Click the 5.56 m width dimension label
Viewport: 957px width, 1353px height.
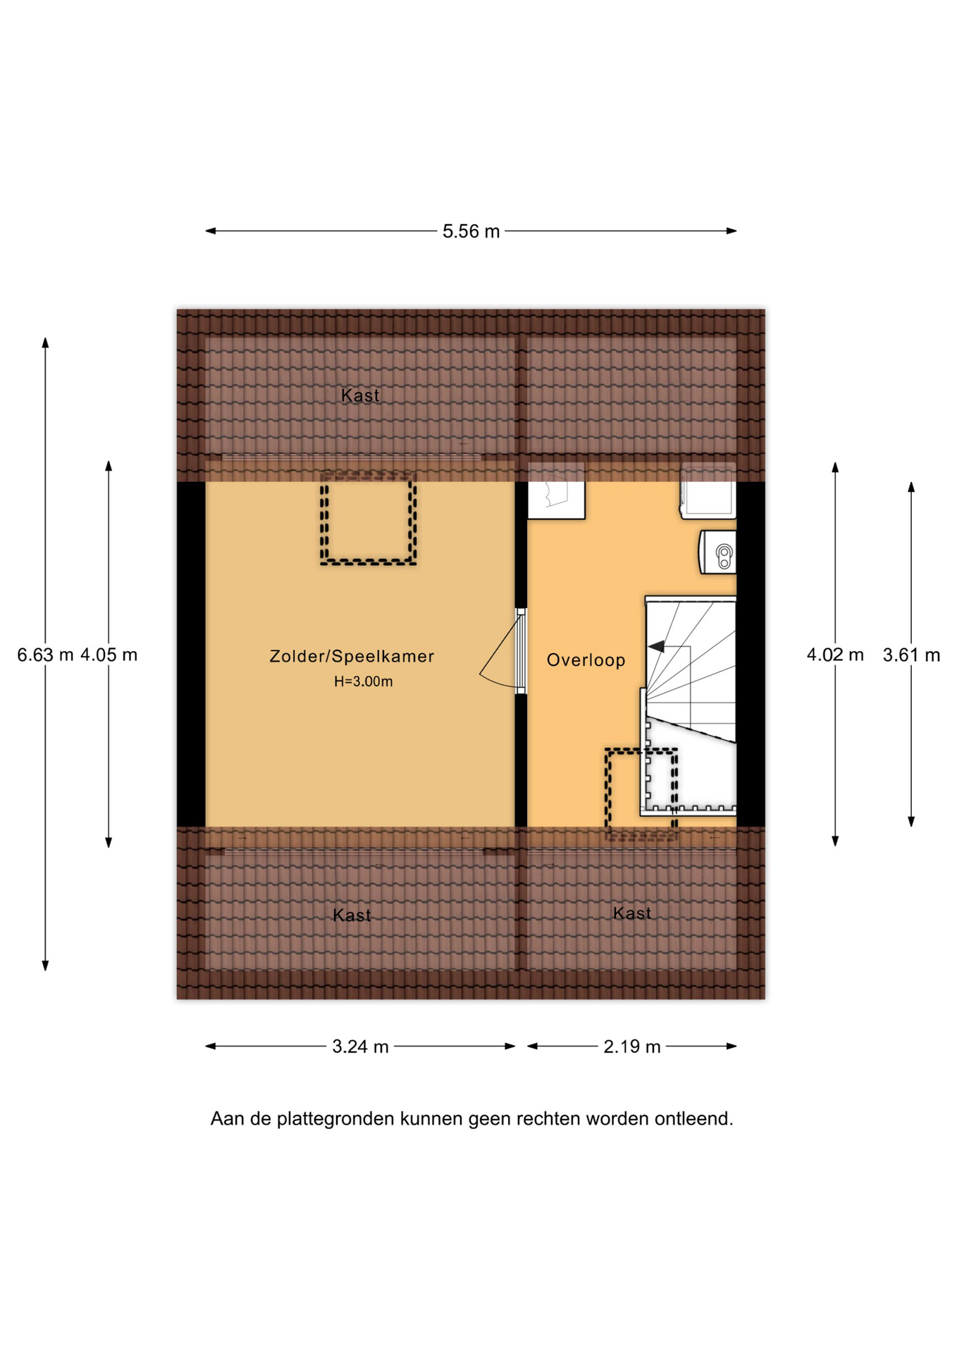pyautogui.click(x=471, y=231)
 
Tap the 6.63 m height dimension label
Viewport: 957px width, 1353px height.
pyautogui.click(x=45, y=655)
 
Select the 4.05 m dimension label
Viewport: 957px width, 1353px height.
pyautogui.click(x=109, y=655)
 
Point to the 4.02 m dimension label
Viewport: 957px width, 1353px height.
pyautogui.click(x=835, y=655)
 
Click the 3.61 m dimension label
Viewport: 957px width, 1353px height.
pyautogui.click(x=911, y=655)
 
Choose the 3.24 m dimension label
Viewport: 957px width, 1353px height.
pyautogui.click(x=360, y=1046)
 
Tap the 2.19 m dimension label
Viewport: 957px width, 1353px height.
pyautogui.click(x=632, y=1046)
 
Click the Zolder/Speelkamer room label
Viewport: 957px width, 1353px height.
pyautogui.click(x=352, y=657)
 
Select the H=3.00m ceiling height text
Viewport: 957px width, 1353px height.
pyautogui.click(x=363, y=681)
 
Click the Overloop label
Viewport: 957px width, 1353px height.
pyautogui.click(x=586, y=660)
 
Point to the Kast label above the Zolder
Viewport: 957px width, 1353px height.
pyautogui.click(x=360, y=395)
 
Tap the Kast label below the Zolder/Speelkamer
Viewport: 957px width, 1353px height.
pyautogui.click(x=352, y=915)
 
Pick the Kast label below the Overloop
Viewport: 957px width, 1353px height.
pyautogui.click(x=632, y=913)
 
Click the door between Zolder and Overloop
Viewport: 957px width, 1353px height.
pyautogui.click(x=520, y=651)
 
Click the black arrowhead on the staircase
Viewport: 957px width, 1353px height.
pyautogui.click(x=657, y=646)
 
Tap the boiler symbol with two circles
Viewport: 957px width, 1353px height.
pyautogui.click(x=718, y=552)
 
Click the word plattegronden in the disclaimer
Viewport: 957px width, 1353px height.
pyautogui.click(x=335, y=1119)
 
